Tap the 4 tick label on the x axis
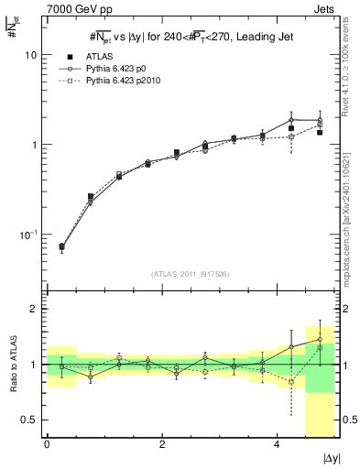pyautogui.click(x=278, y=444)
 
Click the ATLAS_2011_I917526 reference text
pyautogui.click(x=191, y=273)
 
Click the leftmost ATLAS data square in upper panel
pyautogui.click(x=61, y=246)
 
